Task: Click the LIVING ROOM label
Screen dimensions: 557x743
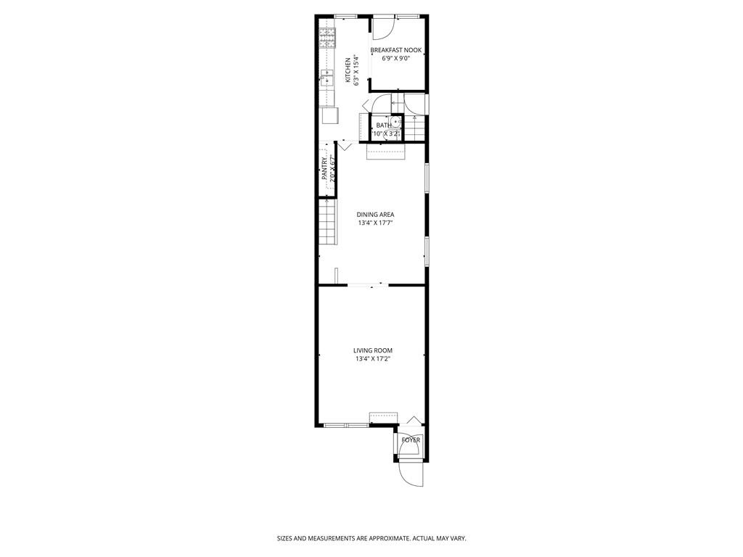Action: (x=373, y=350)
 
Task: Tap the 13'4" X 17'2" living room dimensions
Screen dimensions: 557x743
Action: (x=373, y=359)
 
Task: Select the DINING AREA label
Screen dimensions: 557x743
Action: (x=375, y=215)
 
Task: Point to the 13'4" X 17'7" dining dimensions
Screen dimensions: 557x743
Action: (x=375, y=223)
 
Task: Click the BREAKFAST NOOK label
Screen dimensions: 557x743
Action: (x=395, y=50)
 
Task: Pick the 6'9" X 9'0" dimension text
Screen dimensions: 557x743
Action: (x=395, y=59)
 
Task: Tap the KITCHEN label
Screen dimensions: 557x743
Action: (x=348, y=70)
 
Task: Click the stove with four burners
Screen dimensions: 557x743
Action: (x=327, y=36)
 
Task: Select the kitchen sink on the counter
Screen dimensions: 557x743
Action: (x=327, y=75)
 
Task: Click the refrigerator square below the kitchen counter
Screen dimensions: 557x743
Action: (x=329, y=115)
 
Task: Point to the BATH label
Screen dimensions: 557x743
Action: (x=383, y=125)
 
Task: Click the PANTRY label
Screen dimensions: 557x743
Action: (x=324, y=170)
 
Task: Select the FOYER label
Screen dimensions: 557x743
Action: (x=411, y=440)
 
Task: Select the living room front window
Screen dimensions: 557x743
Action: (x=346, y=425)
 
